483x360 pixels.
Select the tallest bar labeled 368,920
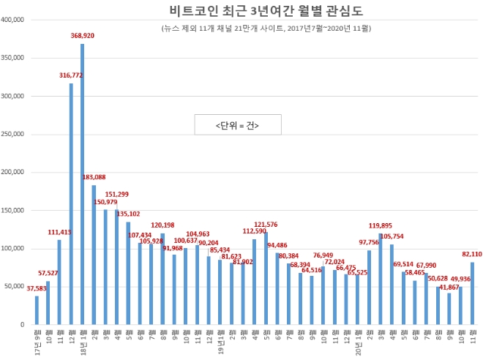[x=83, y=183]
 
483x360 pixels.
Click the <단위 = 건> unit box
[x=237, y=125]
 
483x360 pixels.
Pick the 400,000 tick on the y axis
[x=15, y=19]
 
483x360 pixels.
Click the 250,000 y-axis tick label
[x=15, y=134]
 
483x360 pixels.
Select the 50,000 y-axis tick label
[x=16, y=286]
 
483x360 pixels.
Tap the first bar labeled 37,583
[x=37, y=310]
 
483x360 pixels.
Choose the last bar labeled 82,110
[x=472, y=293]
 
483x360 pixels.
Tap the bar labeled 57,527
[x=48, y=302]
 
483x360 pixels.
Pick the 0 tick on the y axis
[x=25, y=324]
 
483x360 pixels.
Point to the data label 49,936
[x=460, y=279]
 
